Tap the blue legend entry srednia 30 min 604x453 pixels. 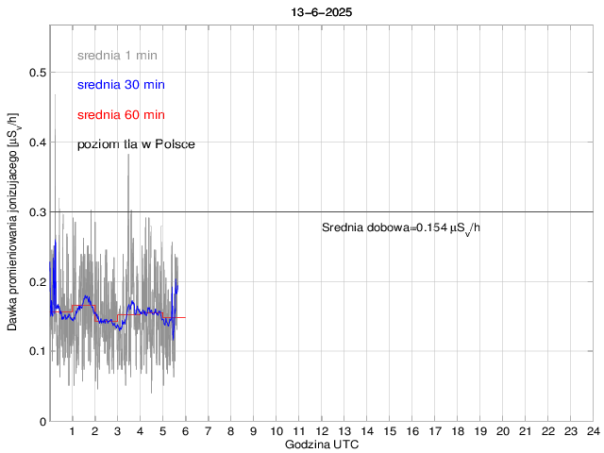[121, 85]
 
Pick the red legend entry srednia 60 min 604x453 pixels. [121, 115]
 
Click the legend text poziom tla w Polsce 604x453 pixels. [136, 143]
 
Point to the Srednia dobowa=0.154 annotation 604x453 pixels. [400, 228]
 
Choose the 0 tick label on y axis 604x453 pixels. [42, 421]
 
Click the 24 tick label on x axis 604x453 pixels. [593, 431]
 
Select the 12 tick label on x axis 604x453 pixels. [321, 431]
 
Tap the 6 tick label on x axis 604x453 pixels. [186, 431]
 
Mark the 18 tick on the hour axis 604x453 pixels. [457, 431]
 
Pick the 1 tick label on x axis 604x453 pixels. [73, 431]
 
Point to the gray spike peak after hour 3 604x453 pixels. [128, 155]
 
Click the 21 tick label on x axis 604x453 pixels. [525, 431]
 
